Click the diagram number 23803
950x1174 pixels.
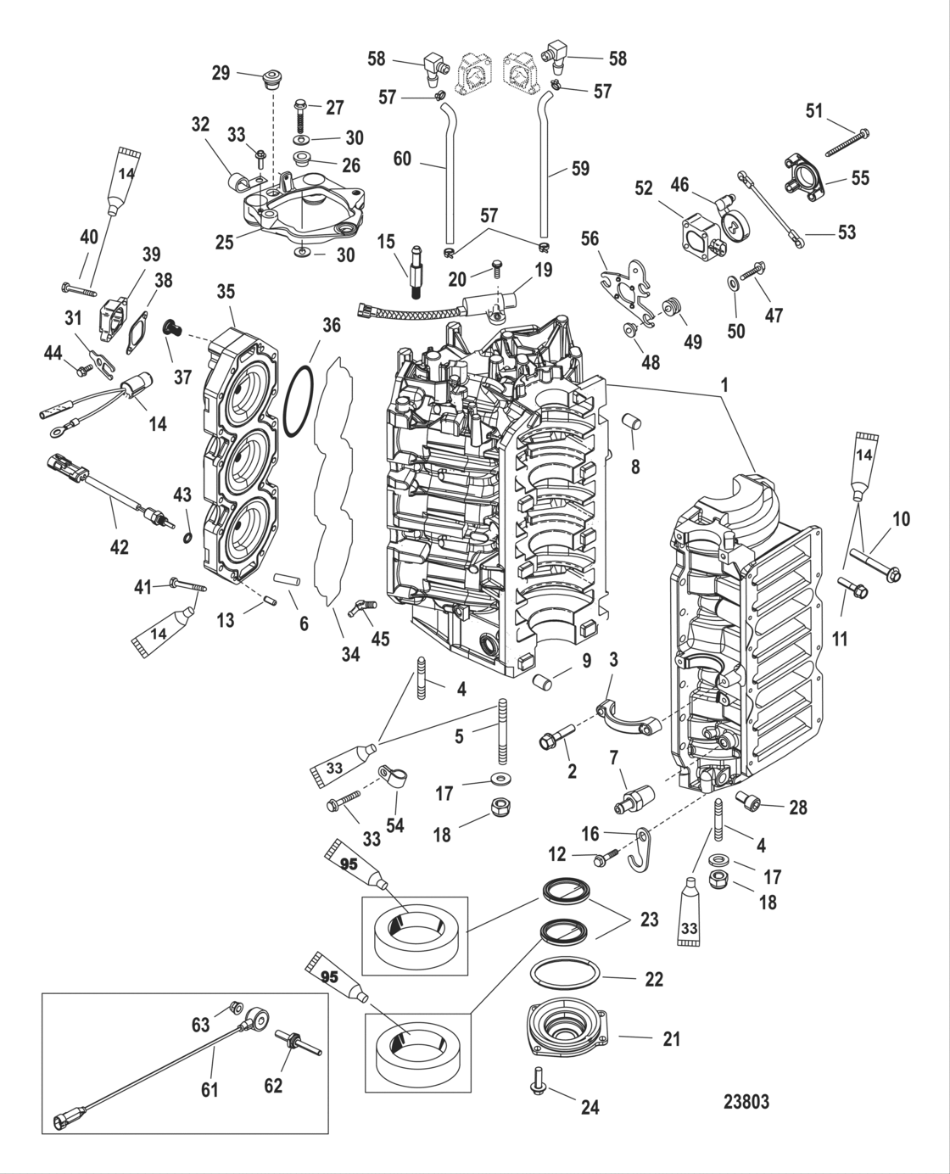click(746, 1101)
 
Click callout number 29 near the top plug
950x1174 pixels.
click(221, 74)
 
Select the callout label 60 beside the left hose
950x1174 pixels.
click(401, 159)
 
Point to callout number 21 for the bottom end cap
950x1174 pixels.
click(671, 1037)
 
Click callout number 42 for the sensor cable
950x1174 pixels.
click(120, 547)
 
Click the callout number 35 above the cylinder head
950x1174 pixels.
click(225, 293)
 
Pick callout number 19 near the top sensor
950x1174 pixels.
click(543, 270)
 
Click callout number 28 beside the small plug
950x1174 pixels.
click(797, 807)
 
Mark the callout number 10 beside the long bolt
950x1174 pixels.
click(901, 518)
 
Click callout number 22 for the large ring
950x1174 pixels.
click(653, 979)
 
